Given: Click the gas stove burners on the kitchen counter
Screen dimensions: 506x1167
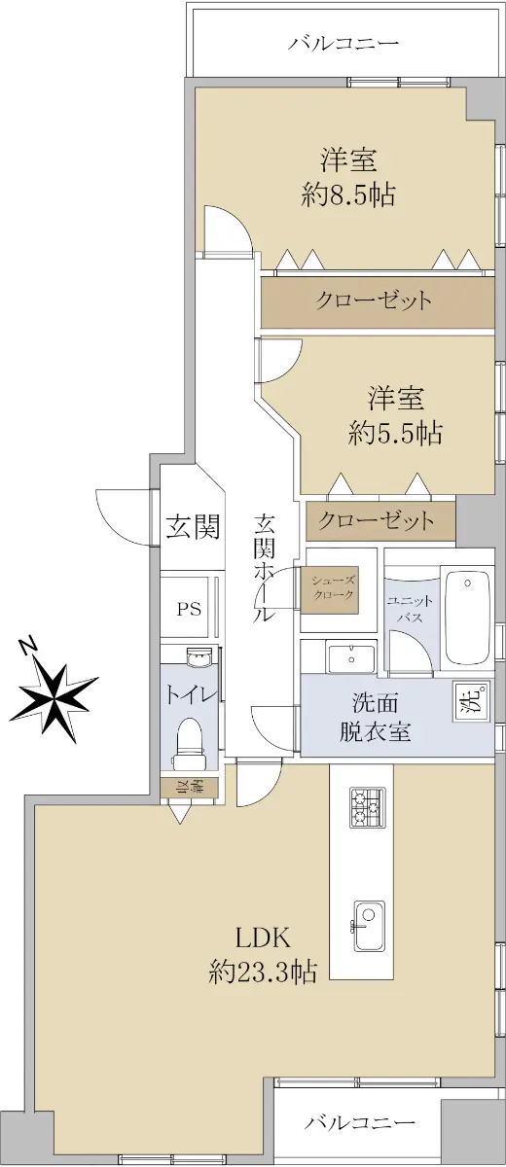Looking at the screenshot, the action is [368, 807].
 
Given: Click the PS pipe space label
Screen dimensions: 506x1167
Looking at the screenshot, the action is [189, 609].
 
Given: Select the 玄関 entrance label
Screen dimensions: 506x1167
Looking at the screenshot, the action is [193, 527].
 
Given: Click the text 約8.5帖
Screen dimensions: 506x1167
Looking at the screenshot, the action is [348, 194].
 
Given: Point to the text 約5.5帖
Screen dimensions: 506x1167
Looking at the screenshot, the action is [395, 433].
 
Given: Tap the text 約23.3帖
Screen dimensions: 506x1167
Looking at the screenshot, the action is [263, 972].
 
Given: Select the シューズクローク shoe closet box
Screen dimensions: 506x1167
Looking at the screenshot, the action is [333, 588].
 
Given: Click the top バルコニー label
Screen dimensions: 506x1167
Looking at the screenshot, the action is [343, 42].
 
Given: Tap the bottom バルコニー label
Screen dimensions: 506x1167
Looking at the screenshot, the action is [360, 1121].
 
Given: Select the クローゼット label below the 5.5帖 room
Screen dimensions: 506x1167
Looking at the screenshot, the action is [376, 520].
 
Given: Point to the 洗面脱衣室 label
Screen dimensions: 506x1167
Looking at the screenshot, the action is [376, 718].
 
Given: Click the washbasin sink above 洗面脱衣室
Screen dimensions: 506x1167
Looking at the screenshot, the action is [351, 658].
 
